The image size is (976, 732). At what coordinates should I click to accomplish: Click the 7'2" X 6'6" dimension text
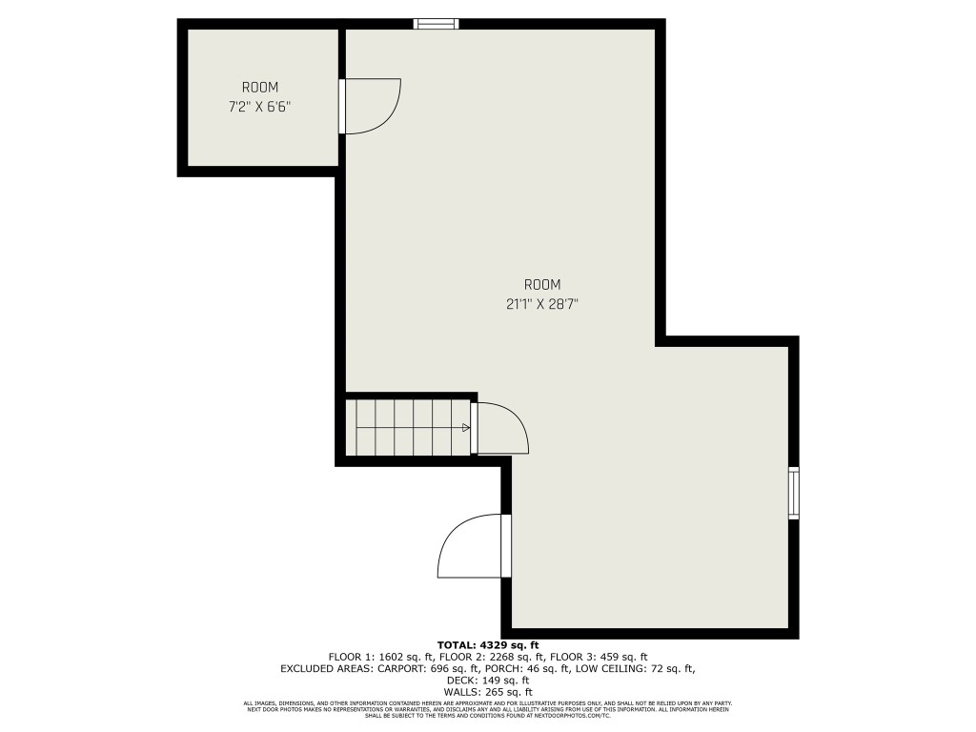(259, 108)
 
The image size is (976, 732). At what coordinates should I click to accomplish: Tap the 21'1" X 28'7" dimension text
(541, 305)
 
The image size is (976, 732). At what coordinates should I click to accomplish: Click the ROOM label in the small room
(259, 88)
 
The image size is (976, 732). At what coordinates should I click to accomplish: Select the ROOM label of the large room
(541, 284)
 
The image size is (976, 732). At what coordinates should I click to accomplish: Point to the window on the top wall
(436, 24)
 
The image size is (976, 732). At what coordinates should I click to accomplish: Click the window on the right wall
(793, 493)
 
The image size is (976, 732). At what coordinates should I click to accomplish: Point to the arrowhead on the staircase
(466, 428)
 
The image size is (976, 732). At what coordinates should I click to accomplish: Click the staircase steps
(408, 428)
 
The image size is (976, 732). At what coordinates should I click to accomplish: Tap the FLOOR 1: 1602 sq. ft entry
(381, 657)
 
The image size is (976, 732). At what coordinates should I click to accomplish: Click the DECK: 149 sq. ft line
(487, 681)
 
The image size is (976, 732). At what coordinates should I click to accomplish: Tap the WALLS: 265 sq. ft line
(487, 692)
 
